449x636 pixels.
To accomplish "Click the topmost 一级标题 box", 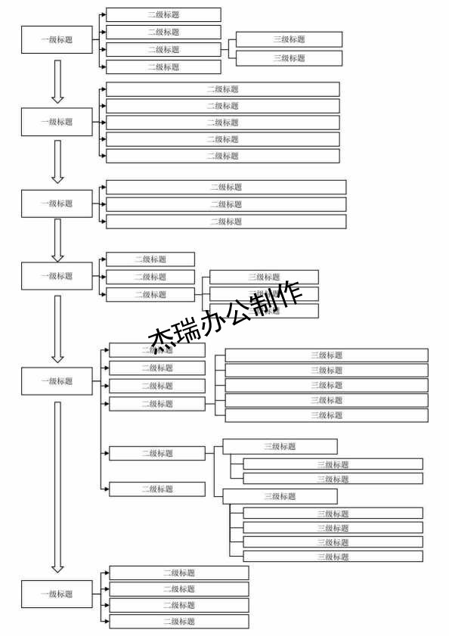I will (57, 39).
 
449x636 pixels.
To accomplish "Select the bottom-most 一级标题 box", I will (57, 594).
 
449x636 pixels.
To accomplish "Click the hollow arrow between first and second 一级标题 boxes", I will (57, 82).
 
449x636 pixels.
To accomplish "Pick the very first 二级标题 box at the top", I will (163, 14).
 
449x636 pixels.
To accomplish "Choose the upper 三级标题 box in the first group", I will (289, 39).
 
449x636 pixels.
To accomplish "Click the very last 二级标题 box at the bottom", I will (178, 622).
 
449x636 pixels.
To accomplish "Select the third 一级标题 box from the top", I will (57, 203).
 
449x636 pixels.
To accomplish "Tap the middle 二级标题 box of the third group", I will (225, 204).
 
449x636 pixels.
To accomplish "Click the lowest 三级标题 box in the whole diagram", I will (333, 557).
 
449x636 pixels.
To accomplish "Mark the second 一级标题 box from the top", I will (57, 122).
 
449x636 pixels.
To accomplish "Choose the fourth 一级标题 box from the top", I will (57, 276).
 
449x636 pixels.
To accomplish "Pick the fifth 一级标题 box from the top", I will (57, 381).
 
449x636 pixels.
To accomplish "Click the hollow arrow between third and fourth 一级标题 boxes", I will (57, 239).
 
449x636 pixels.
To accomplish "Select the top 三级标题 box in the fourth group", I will (264, 277).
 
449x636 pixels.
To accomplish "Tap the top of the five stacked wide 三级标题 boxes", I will (327, 355).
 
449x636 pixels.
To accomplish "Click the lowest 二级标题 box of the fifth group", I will (157, 489).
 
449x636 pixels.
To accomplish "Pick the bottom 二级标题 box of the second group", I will (222, 156).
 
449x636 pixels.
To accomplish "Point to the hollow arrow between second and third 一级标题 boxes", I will (57, 161).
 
